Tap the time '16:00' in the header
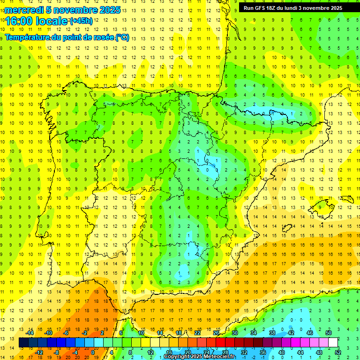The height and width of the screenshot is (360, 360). (19, 21)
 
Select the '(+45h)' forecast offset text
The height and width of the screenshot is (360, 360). (81, 21)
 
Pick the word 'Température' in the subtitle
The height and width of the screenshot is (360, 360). (28, 37)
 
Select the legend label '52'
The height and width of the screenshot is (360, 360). (338, 352)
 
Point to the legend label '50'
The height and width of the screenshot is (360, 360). (329, 332)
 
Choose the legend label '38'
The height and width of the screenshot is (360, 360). (272, 332)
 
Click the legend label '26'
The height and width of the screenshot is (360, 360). (216, 332)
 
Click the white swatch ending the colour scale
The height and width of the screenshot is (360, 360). (333, 342)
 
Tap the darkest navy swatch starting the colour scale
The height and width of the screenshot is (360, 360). (24, 342)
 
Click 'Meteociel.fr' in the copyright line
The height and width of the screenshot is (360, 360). (218, 357)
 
